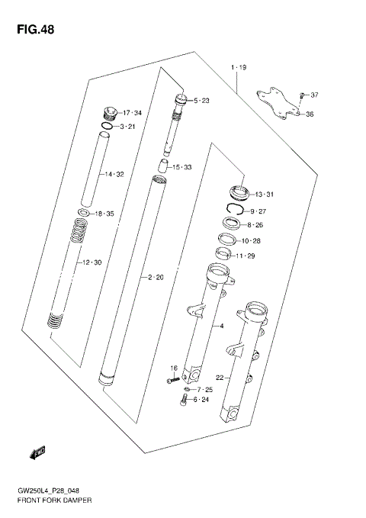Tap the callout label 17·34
tap(133, 114)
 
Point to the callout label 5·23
tap(203, 101)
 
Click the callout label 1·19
tap(238, 69)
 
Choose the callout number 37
tap(314, 95)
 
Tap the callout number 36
tap(310, 114)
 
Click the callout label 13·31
tap(264, 193)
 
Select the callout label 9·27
tap(258, 211)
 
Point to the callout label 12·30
tap(91, 263)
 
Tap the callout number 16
tap(174, 368)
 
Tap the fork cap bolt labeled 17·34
tap(109, 113)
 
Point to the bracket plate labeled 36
tap(276, 103)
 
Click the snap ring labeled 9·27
tap(234, 210)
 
